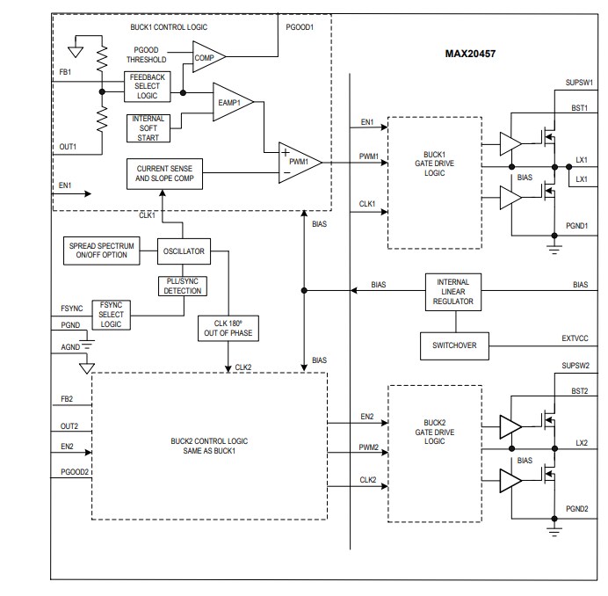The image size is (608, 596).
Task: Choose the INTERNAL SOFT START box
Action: coord(148,127)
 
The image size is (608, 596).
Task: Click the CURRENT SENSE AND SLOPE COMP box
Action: coord(165,173)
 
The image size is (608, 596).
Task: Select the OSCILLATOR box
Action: coord(183,251)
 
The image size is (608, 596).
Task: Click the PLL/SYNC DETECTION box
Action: coord(183,285)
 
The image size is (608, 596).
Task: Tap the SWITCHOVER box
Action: coord(453,345)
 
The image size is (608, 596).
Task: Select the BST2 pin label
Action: coord(581,391)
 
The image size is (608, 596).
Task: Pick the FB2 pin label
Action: coord(68,399)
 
